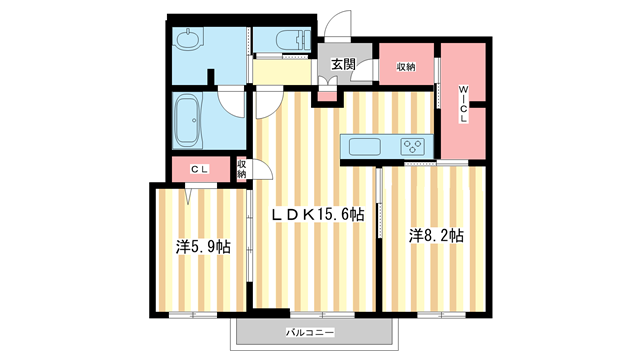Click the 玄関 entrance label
coord(343,64)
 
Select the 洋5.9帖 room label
coord(203,245)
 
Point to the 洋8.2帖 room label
coord(436,236)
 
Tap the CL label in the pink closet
coord(199,171)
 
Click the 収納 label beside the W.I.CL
coord(405,66)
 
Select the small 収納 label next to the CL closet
coord(242,170)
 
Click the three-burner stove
coord(414,147)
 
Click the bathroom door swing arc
coord(232,99)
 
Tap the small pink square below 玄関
coord(327,97)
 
